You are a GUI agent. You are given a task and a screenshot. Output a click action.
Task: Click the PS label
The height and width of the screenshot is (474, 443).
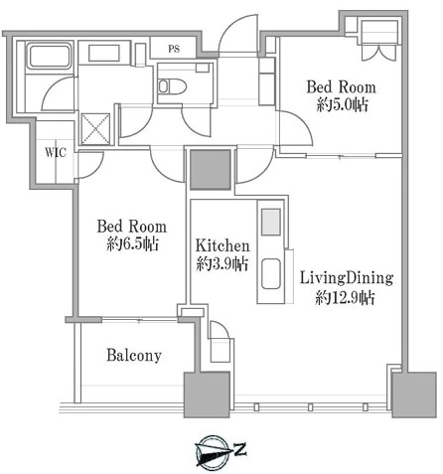pos(174,49)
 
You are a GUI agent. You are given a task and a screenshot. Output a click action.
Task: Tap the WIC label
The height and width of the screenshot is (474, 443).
pos(56,152)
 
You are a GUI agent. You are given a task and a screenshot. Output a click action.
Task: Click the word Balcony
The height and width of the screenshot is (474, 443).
pos(134,356)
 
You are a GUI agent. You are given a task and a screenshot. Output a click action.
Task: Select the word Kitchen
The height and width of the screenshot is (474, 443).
pos(222,245)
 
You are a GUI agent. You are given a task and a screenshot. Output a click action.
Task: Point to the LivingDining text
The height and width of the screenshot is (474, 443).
pos(347,278)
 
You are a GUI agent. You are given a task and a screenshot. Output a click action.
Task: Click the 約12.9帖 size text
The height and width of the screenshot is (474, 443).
pos(346,297)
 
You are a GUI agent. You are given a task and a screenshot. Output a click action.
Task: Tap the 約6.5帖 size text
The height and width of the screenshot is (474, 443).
pos(132,244)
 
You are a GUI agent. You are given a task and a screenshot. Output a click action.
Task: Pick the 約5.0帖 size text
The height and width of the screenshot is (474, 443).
pos(342,105)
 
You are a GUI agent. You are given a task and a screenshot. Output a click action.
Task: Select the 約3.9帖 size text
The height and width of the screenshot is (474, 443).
pos(222,264)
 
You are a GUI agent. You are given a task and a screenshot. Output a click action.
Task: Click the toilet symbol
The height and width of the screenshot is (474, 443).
pos(172,86)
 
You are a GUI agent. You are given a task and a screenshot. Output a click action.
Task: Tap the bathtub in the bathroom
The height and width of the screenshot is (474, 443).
pos(50,57)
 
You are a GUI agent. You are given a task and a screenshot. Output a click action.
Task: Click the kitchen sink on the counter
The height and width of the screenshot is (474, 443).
pos(271,274)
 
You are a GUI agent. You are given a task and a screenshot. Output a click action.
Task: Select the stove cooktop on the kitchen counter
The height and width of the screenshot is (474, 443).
pos(271,222)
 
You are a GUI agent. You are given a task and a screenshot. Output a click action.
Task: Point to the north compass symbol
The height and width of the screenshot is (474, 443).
pos(213,452)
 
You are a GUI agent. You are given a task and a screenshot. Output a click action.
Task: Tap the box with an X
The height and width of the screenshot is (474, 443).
pos(95,129)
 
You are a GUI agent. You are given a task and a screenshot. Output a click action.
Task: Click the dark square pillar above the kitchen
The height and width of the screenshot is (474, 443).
pos(211,169)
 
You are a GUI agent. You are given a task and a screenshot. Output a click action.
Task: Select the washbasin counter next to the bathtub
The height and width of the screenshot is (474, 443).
pos(104,53)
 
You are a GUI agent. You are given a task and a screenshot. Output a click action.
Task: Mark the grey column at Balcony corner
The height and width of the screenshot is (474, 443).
pos(207,395)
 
